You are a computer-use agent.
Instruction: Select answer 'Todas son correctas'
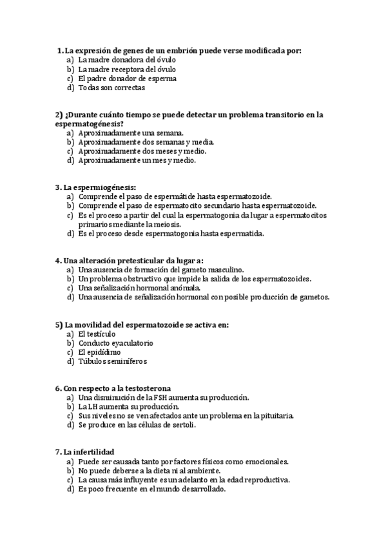[x=111, y=88]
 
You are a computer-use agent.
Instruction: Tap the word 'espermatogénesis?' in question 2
[x=90, y=124]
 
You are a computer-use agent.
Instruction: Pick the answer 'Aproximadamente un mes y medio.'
[x=137, y=160]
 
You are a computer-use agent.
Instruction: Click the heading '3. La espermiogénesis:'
[x=95, y=187]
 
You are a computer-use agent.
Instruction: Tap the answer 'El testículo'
[x=97, y=334]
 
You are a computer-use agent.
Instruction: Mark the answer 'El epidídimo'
[x=99, y=352]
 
